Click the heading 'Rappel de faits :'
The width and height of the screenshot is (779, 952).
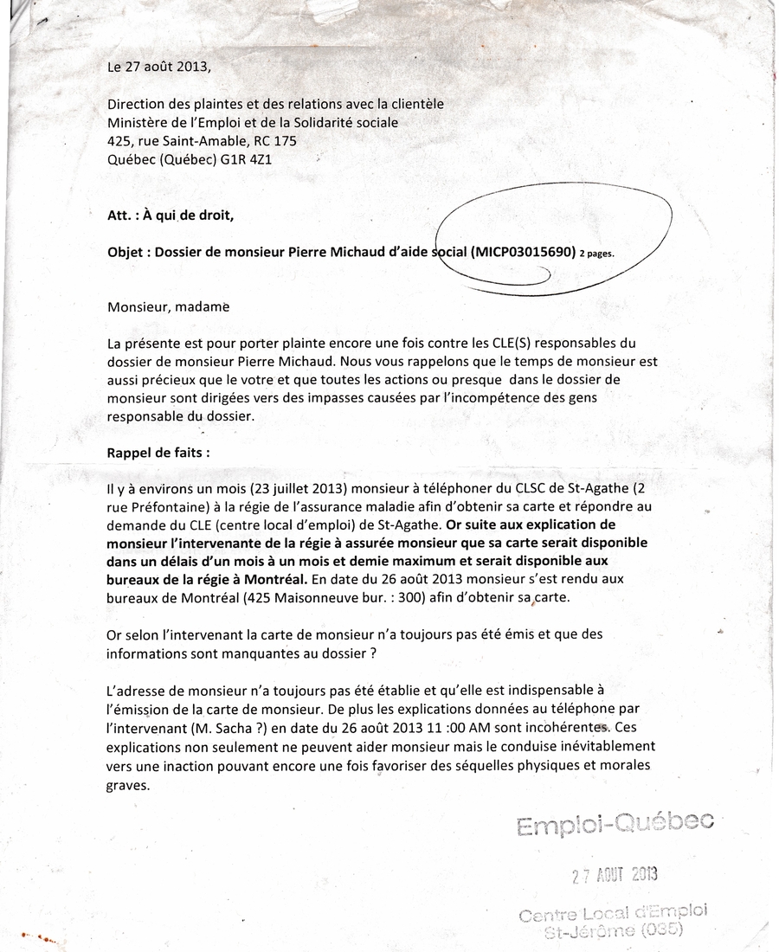pos(158,452)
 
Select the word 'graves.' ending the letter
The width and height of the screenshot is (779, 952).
pos(129,786)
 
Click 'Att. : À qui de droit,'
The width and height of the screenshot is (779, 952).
pos(171,216)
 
